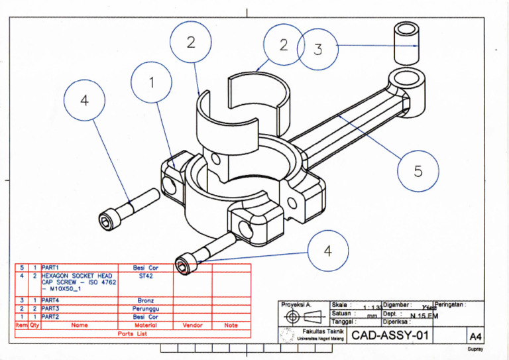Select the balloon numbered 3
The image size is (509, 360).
pyautogui.click(x=317, y=48)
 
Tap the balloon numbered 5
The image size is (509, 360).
pyautogui.click(x=418, y=171)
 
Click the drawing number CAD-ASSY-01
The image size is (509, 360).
pyautogui.click(x=390, y=335)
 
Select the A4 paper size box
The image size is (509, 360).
pyautogui.click(x=475, y=336)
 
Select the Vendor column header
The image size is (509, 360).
pyautogui.click(x=192, y=325)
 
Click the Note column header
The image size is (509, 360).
pyautogui.click(x=231, y=325)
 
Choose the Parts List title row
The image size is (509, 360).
pyautogui.click(x=133, y=333)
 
